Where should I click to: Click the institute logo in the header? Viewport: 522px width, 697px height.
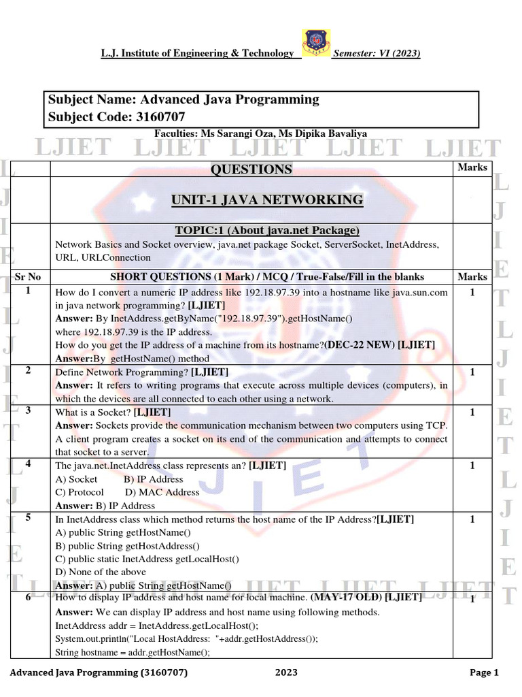(x=315, y=44)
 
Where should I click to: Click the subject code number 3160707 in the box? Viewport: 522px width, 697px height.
(x=159, y=117)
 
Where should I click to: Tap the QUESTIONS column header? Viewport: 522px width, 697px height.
(x=251, y=169)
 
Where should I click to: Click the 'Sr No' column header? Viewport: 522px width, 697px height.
(x=28, y=277)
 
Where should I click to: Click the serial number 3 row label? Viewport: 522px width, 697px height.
(x=28, y=410)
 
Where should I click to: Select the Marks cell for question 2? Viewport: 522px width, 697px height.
(x=472, y=372)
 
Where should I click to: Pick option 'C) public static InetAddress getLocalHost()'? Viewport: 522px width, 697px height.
(x=147, y=559)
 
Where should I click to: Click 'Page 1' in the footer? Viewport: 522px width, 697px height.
(x=484, y=673)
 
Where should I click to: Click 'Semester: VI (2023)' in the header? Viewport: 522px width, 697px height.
(x=376, y=54)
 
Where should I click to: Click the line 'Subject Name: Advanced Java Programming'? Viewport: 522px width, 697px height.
(x=184, y=99)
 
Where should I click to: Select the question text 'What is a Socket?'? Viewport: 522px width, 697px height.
(x=93, y=412)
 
